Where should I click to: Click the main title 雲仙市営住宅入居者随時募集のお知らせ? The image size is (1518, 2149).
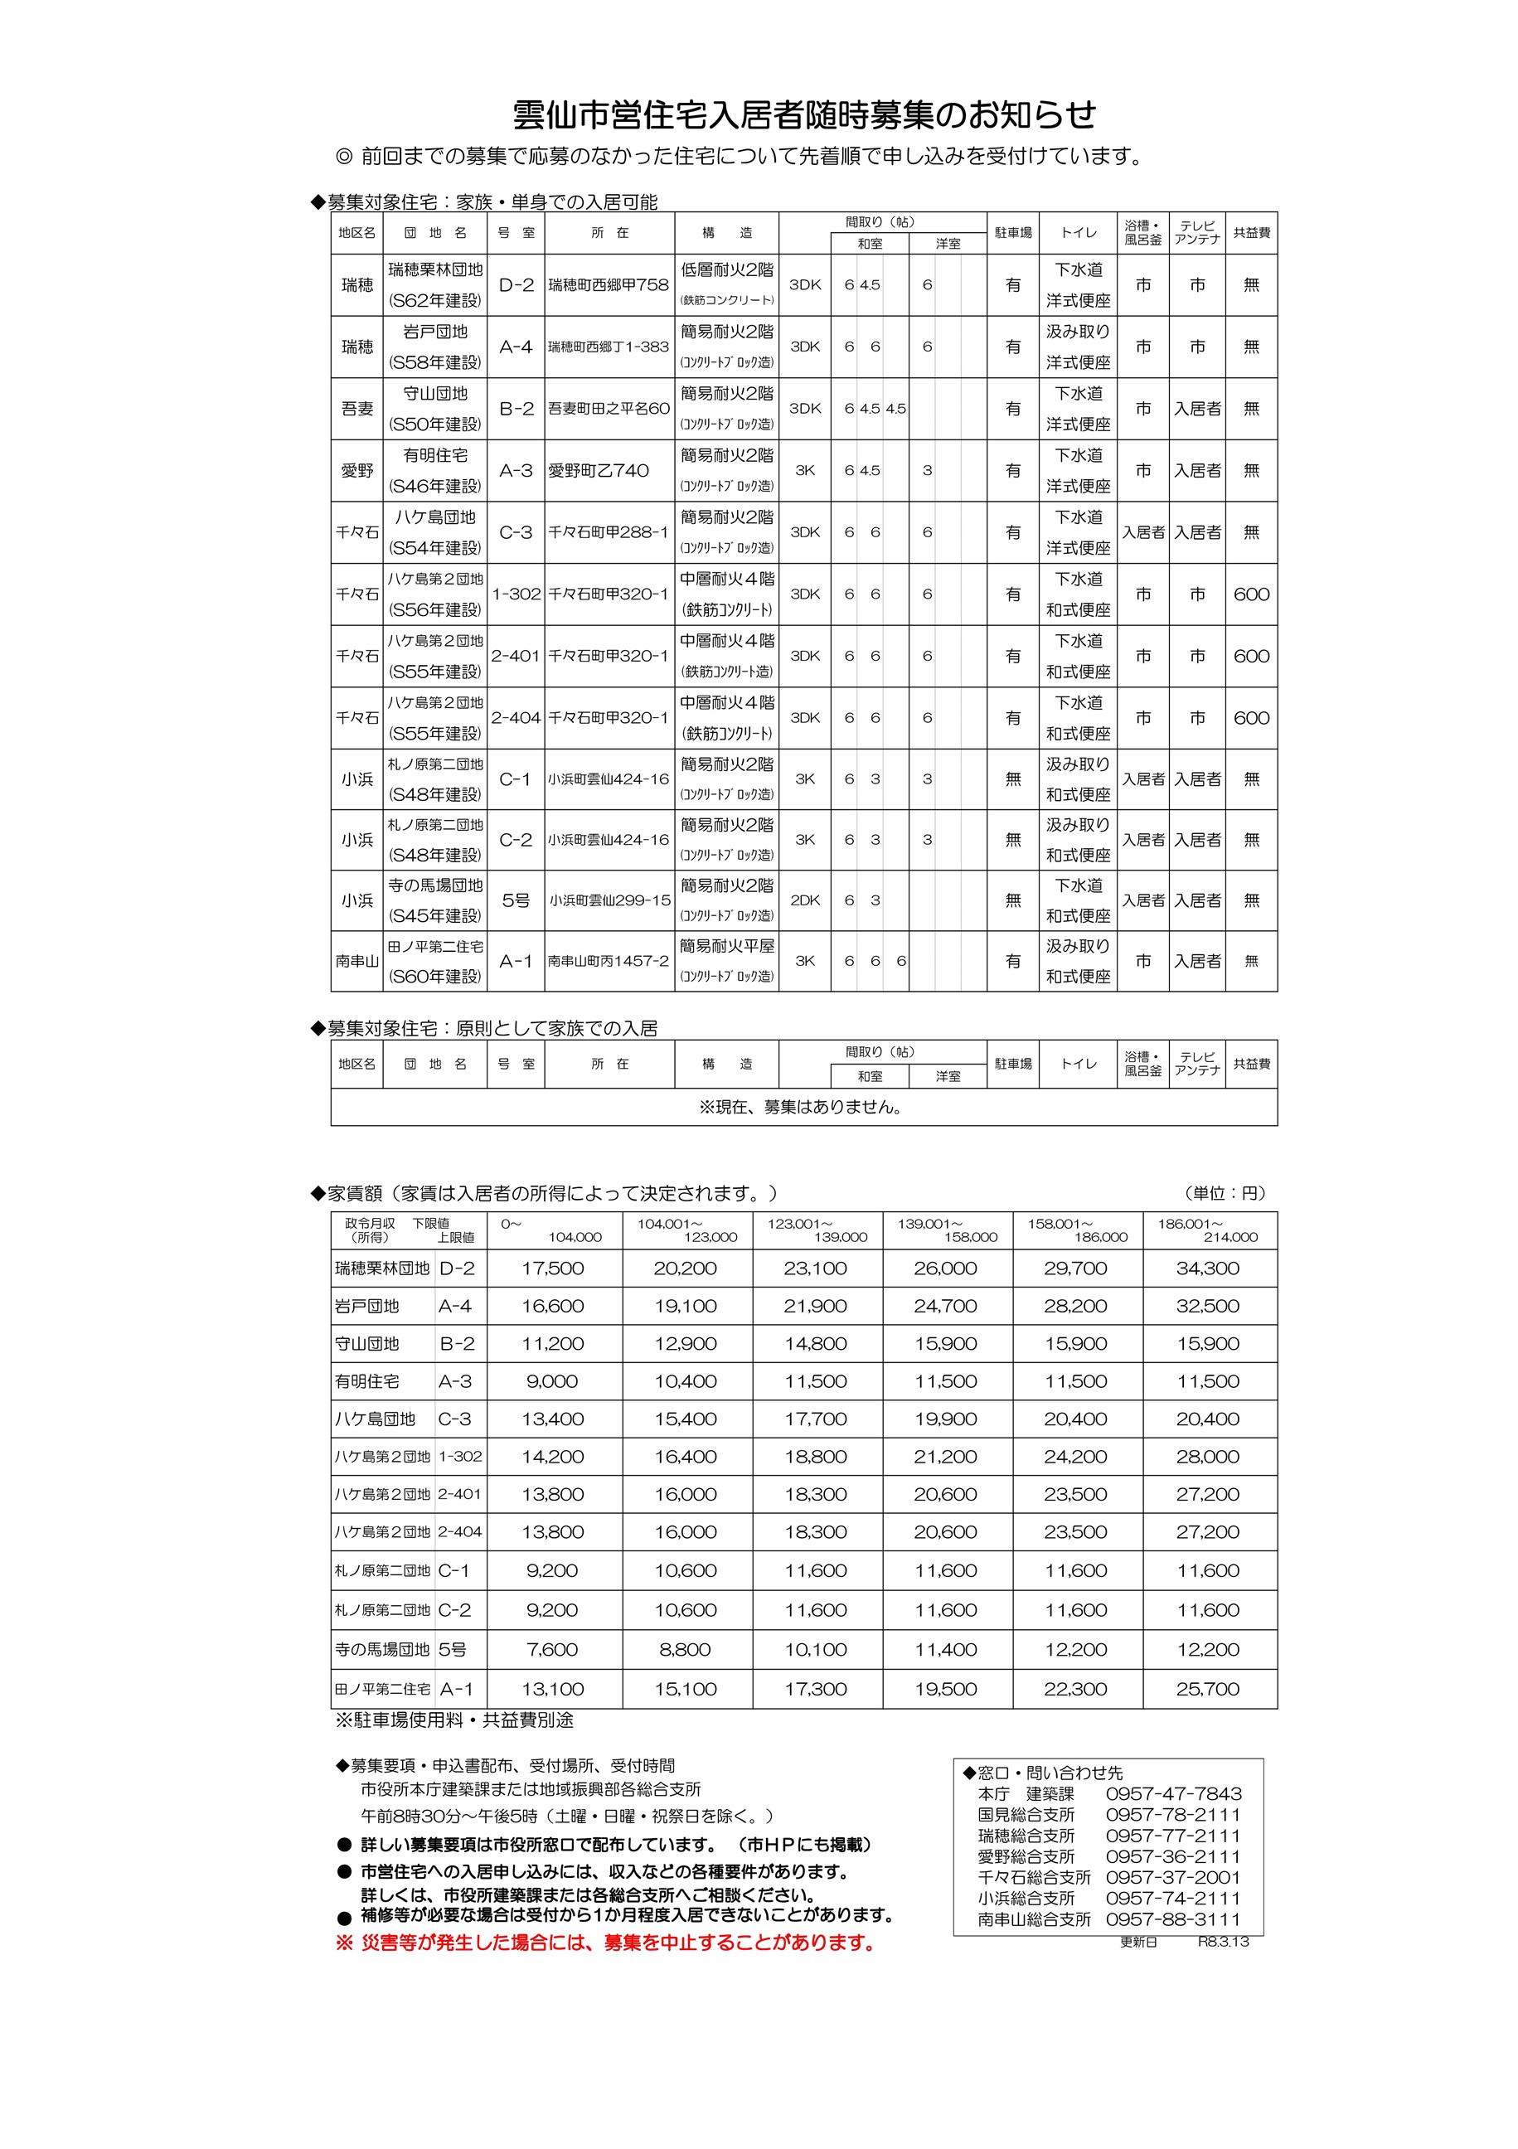[804, 114]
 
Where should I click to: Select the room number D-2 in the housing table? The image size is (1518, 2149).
[516, 284]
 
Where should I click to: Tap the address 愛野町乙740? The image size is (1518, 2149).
[598, 471]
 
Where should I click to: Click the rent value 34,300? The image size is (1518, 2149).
[1207, 1269]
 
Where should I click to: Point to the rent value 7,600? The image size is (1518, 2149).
[552, 1649]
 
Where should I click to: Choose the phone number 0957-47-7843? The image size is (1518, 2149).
[1174, 1793]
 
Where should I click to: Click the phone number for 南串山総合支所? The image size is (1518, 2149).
[1174, 1919]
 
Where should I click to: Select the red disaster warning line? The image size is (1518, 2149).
[605, 1943]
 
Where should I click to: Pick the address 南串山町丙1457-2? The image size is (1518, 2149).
[609, 961]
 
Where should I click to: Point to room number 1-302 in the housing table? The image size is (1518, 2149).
[516, 594]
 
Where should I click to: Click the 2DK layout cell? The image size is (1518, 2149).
[805, 900]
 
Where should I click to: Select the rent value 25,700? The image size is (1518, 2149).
[1207, 1690]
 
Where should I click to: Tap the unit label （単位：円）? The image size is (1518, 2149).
[1225, 1193]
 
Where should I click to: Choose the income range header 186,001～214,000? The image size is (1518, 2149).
[1207, 1230]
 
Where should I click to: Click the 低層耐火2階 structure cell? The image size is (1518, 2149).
[727, 270]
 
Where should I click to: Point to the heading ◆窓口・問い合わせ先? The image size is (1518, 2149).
[1043, 1773]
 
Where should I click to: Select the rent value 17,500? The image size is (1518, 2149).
[552, 1269]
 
